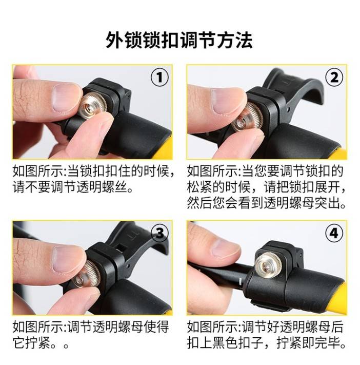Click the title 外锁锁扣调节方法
(x=179, y=40)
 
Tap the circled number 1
(x=159, y=78)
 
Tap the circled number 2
(x=334, y=78)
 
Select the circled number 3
(x=159, y=233)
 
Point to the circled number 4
(x=334, y=233)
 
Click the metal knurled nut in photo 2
(x=247, y=118)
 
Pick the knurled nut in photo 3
(x=86, y=274)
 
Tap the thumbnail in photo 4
(x=226, y=248)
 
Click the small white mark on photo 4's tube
(x=240, y=281)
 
